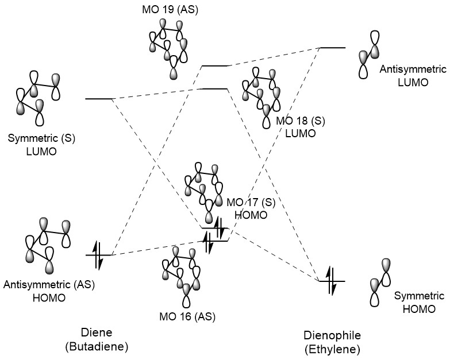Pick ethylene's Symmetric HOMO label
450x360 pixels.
coord(414,301)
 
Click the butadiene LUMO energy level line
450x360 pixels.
coord(98,99)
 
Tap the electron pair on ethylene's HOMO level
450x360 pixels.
coord(332,281)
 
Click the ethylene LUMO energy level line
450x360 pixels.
coord(332,48)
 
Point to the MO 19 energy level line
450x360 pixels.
coord(216,65)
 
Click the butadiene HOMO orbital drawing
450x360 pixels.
coord(45,246)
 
